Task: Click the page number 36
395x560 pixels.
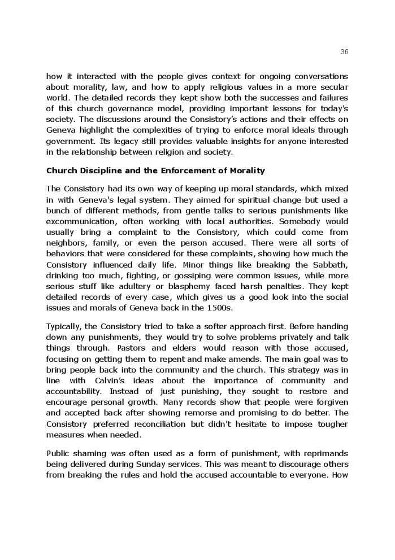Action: click(345, 51)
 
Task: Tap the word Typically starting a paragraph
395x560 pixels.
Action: click(63, 326)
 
